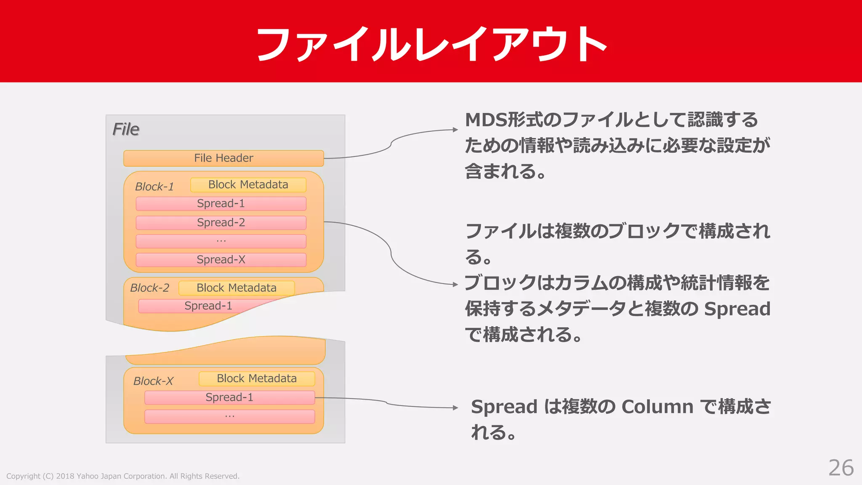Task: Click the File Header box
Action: click(x=223, y=158)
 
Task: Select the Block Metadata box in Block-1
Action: click(x=248, y=185)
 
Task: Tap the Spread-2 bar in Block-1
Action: click(x=221, y=223)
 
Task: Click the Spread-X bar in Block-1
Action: click(x=221, y=260)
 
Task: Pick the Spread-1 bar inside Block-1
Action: click(x=221, y=204)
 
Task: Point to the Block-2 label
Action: click(x=149, y=288)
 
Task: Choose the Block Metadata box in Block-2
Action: click(x=236, y=288)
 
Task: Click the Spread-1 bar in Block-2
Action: click(x=208, y=306)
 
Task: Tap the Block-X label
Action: click(x=153, y=381)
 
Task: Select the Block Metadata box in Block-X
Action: click(x=256, y=378)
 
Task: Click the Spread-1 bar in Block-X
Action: click(x=229, y=397)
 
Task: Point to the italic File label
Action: click(x=125, y=129)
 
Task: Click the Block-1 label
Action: click(x=154, y=187)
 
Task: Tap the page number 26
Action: click(x=841, y=468)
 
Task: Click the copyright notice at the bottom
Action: click(x=122, y=476)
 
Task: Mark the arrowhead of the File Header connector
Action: click(x=455, y=130)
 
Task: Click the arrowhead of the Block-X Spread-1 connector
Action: click(x=455, y=408)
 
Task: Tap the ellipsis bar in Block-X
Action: click(x=229, y=416)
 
